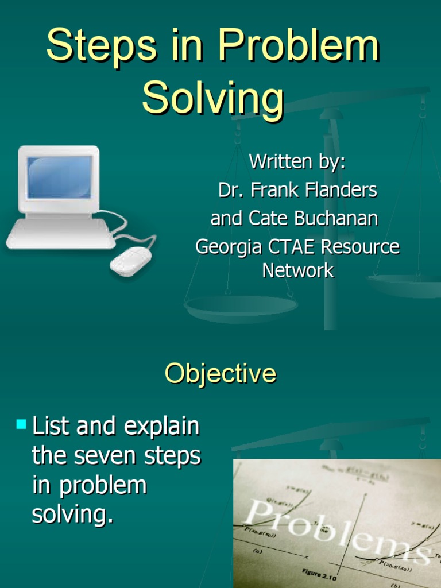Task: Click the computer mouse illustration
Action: click(x=131, y=262)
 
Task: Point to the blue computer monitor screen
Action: click(x=59, y=177)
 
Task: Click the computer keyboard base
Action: click(x=60, y=234)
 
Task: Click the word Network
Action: click(x=297, y=270)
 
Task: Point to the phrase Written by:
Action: click(x=297, y=162)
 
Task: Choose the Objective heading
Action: click(x=220, y=374)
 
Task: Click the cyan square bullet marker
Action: click(x=22, y=425)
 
